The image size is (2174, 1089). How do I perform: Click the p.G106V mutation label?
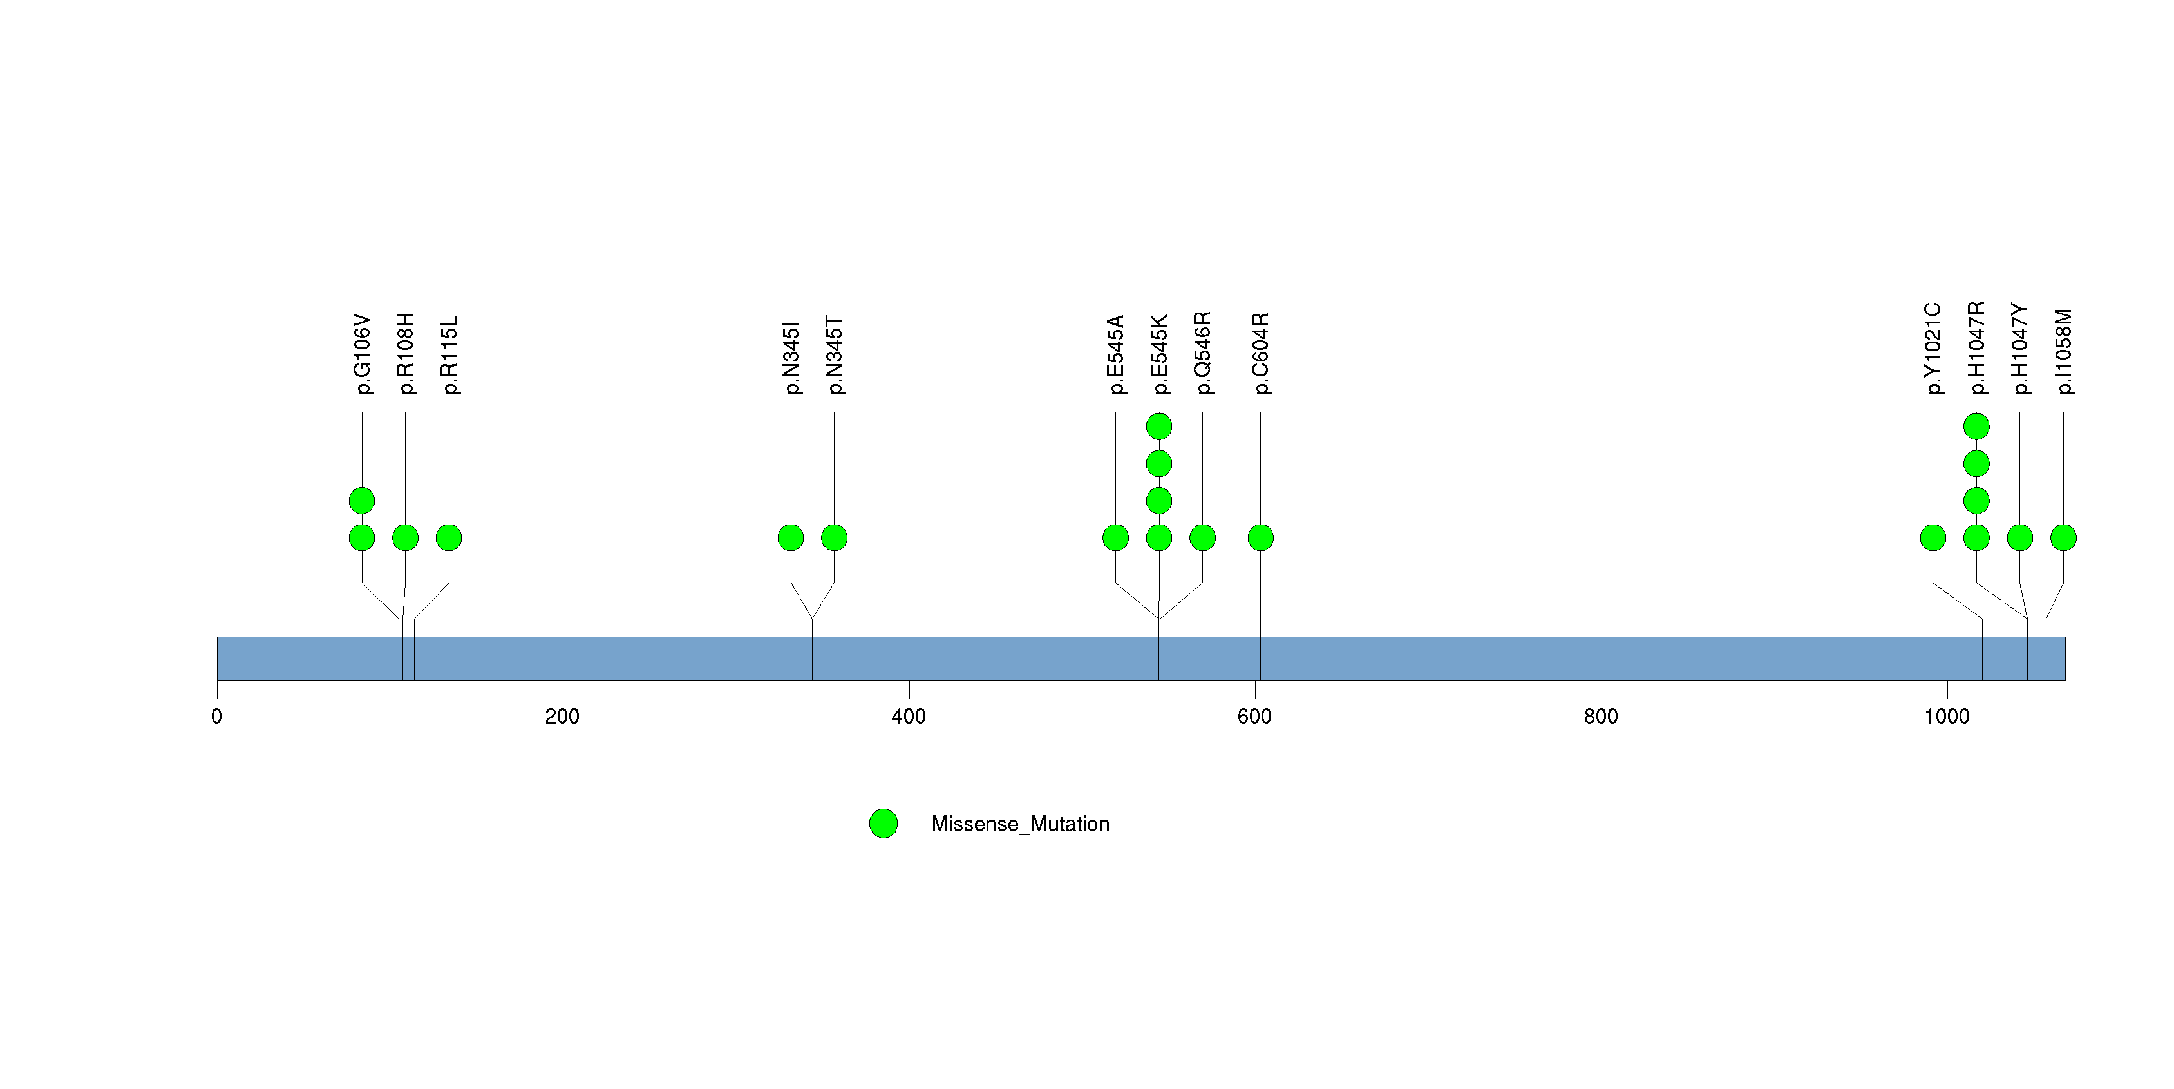pyautogui.click(x=362, y=354)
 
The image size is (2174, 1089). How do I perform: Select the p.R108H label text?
pyautogui.click(x=405, y=353)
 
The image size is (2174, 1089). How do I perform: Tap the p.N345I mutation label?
pyautogui.click(x=791, y=358)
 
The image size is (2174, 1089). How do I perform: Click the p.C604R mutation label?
pyautogui.click(x=1260, y=353)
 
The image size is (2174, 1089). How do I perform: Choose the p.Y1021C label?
pyautogui.click(x=1933, y=349)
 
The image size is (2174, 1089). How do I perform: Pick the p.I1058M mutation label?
pyautogui.click(x=2063, y=351)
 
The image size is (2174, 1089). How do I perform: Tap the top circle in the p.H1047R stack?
pyautogui.click(x=1976, y=427)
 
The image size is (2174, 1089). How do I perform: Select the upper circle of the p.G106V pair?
pyautogui.click(x=362, y=501)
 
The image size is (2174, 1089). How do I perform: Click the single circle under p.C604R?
pyautogui.click(x=1260, y=538)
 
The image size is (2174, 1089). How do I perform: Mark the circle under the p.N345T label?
pyautogui.click(x=834, y=538)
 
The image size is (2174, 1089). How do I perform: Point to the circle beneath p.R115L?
pyautogui.click(x=449, y=538)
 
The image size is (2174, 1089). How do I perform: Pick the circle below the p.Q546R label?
pyautogui.click(x=1203, y=538)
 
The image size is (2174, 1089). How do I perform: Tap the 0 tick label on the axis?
pyautogui.click(x=217, y=717)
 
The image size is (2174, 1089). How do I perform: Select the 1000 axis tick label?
pyautogui.click(x=1946, y=717)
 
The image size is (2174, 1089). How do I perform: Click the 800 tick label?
pyautogui.click(x=1601, y=717)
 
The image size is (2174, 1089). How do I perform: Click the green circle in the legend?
pyautogui.click(x=884, y=823)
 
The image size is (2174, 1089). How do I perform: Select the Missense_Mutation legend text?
pyautogui.click(x=1019, y=824)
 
